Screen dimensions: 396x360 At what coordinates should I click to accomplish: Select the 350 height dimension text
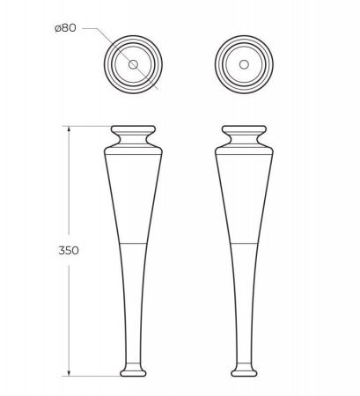pyautogui.click(x=70, y=250)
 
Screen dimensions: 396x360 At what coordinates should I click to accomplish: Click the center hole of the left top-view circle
pyautogui.click(x=132, y=65)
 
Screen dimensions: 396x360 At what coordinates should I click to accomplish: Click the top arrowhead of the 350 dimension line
pyautogui.click(x=70, y=128)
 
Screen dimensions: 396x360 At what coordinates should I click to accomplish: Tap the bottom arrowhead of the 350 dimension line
pyautogui.click(x=70, y=374)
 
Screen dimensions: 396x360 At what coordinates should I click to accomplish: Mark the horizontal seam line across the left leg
pyautogui.click(x=132, y=239)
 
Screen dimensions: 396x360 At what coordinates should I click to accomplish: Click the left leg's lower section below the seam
pyautogui.click(x=132, y=299)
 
